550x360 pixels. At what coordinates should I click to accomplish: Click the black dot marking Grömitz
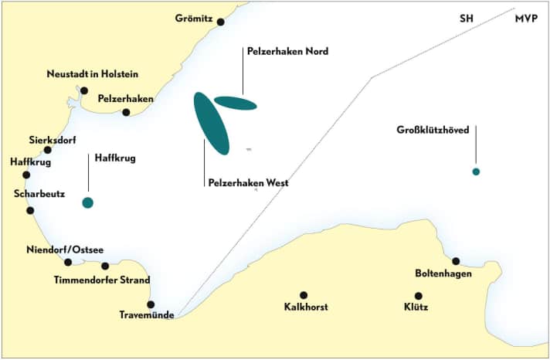tap(220, 22)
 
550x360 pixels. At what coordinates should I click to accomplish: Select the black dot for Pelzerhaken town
tap(126, 113)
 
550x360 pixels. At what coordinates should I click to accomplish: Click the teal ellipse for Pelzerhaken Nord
tap(236, 103)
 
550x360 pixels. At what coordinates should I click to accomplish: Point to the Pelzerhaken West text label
tap(248, 183)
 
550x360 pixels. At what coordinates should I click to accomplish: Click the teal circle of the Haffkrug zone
tap(87, 203)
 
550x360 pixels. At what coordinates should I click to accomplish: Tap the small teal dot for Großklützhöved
tap(476, 172)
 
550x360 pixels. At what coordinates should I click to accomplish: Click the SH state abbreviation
tap(467, 18)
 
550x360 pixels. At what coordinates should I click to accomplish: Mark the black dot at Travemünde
tap(151, 304)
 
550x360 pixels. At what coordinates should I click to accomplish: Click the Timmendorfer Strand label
tap(102, 280)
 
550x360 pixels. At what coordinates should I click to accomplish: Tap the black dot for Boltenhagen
tap(456, 261)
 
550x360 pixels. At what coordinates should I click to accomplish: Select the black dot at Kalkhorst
tap(304, 295)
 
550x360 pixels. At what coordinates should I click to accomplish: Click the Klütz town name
tap(418, 307)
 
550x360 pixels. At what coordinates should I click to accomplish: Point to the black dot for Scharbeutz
tap(30, 210)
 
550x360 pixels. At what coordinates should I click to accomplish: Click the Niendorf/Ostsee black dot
tap(68, 263)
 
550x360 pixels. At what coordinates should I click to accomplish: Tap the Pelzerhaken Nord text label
tap(287, 52)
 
